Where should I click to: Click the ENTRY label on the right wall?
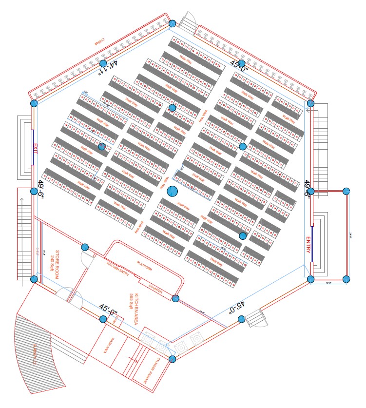click(x=308, y=245)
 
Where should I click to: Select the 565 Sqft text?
click(x=131, y=303)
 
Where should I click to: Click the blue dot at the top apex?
click(x=172, y=23)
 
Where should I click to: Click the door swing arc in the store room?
click(x=86, y=260)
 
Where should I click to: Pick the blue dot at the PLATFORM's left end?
click(x=85, y=248)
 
